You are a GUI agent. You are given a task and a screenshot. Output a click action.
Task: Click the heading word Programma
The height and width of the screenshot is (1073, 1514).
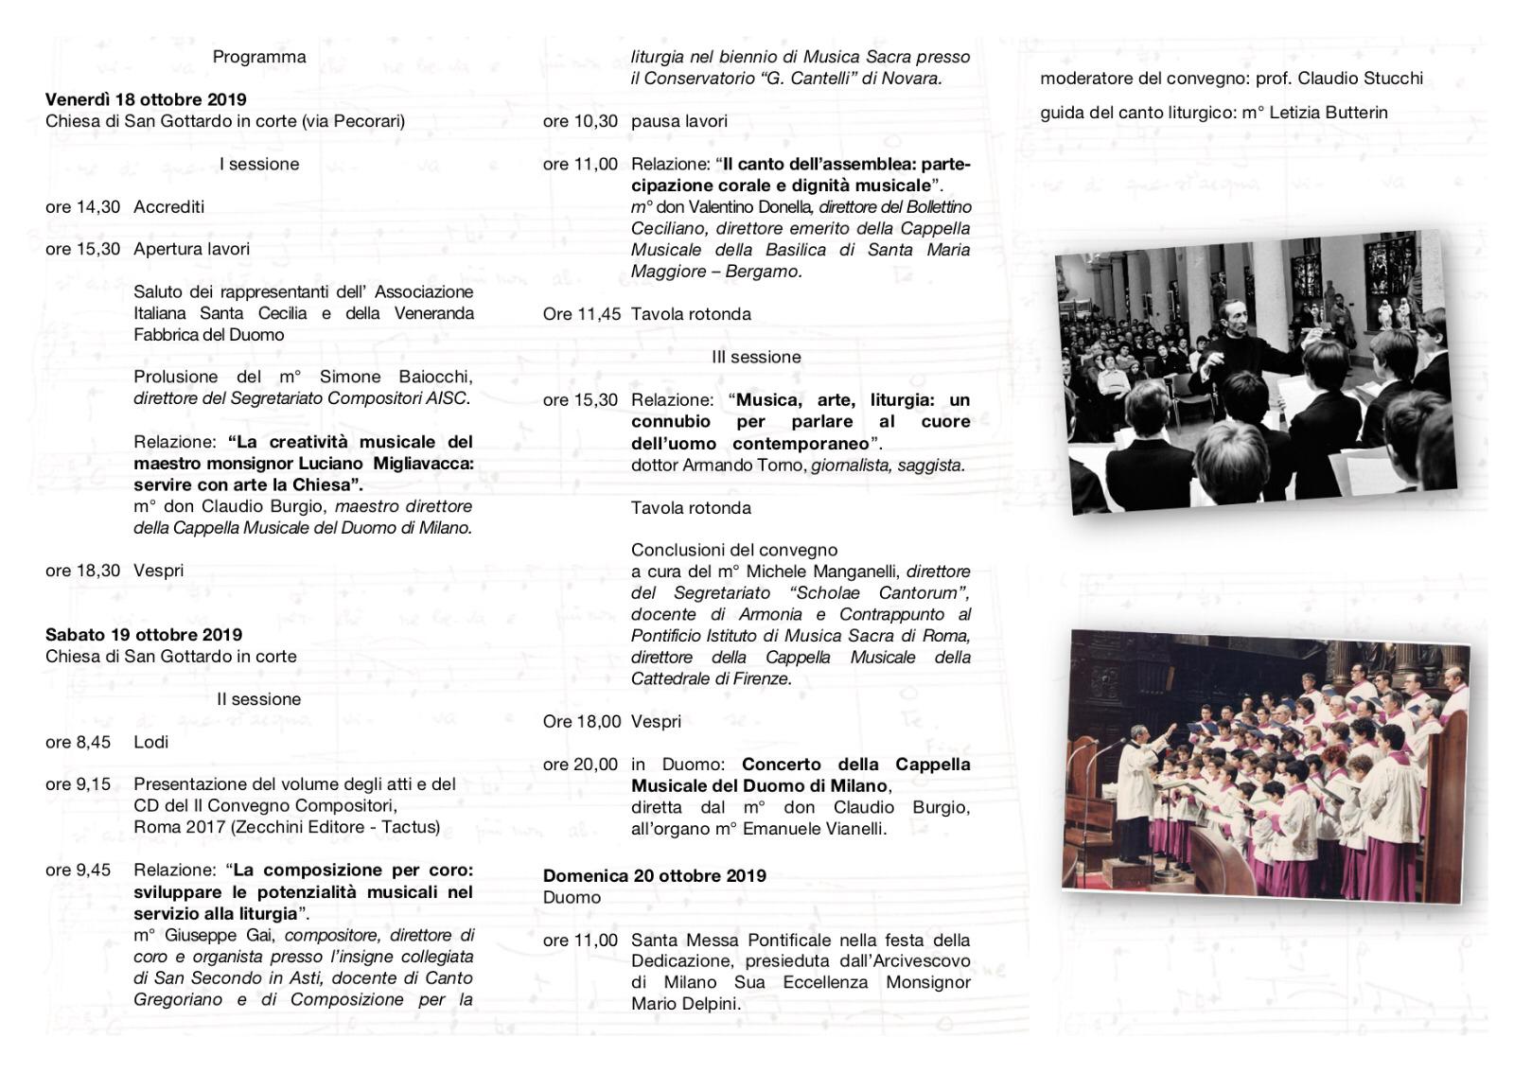(258, 57)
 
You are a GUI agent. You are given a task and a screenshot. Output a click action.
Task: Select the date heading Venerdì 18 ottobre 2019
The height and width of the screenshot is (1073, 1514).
(146, 99)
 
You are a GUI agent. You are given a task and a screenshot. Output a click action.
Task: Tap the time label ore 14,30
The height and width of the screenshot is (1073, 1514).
(82, 206)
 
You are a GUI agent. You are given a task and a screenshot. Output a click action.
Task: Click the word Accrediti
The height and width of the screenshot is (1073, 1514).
(168, 206)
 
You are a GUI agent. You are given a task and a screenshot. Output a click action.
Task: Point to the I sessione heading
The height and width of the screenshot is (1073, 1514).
(258, 164)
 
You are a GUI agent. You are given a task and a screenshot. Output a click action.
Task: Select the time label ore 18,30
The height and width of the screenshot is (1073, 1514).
(82, 571)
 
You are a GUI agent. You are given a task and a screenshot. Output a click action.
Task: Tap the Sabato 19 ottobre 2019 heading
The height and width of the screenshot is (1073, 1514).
(144, 635)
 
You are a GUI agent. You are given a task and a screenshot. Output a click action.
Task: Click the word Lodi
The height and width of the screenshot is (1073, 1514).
(151, 742)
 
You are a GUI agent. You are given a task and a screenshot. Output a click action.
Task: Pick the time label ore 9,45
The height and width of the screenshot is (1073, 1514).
(78, 871)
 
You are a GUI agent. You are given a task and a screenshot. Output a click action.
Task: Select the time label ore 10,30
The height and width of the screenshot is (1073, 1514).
(580, 121)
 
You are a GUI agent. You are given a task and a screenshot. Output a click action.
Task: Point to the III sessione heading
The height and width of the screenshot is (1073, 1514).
(756, 357)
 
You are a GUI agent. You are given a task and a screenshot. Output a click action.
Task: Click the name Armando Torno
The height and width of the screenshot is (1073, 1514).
(745, 465)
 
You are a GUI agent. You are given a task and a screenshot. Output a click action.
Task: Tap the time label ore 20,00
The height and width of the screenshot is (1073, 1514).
(580, 765)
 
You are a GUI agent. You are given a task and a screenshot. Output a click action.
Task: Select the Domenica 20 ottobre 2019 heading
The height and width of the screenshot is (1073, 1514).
(655, 876)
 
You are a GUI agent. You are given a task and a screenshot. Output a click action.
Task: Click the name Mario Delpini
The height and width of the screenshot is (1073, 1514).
(685, 1004)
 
